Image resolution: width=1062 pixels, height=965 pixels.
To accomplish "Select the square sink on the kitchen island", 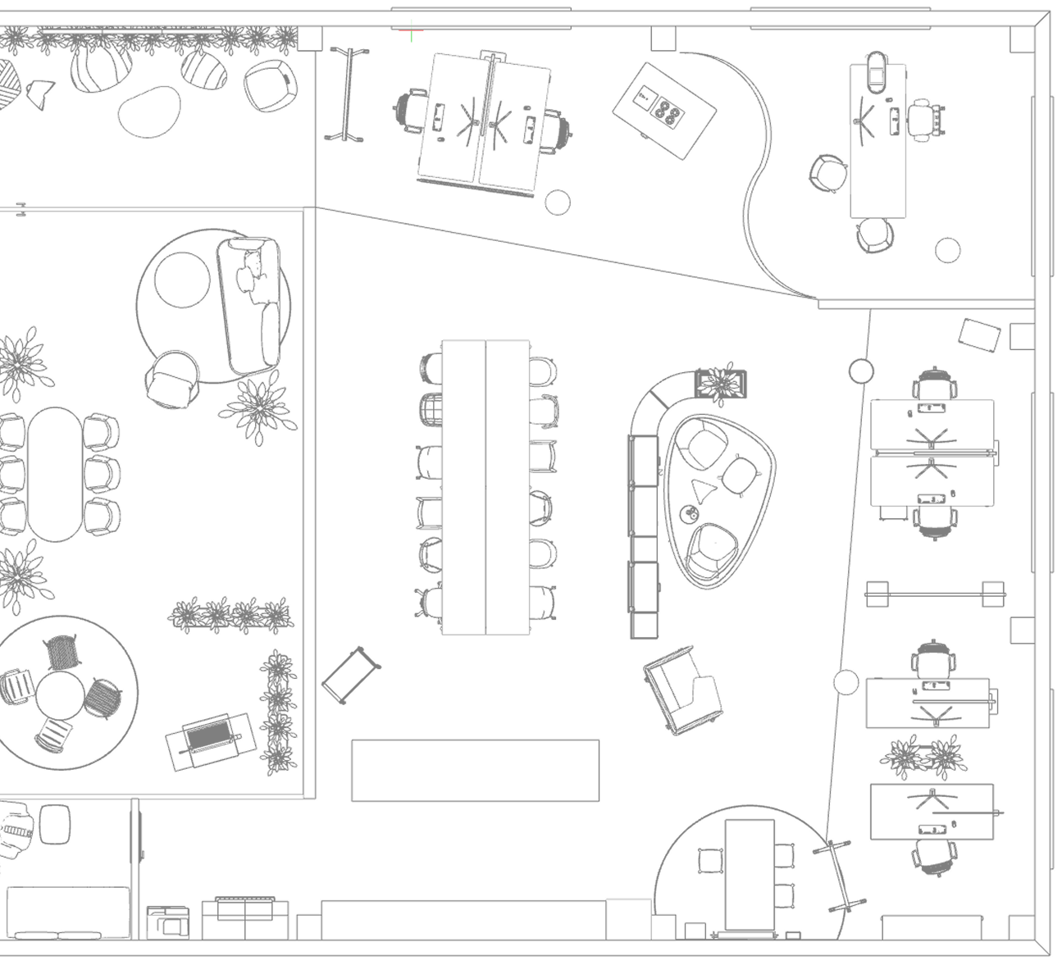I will pyautogui.click(x=644, y=98).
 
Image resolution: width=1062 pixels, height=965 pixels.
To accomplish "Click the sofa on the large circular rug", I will pyautogui.click(x=250, y=302).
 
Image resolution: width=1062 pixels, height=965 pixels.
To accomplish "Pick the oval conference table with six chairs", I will pyautogui.click(x=55, y=474).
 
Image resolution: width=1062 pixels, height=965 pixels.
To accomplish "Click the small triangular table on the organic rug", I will pyautogui.click(x=703, y=490).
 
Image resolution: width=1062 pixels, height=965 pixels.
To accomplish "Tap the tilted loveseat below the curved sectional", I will pyautogui.click(x=682, y=689).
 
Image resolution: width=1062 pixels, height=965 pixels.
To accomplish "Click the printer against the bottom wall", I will pyautogui.click(x=167, y=922).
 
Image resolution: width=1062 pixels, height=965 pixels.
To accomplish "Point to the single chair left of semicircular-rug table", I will pyautogui.click(x=710, y=860).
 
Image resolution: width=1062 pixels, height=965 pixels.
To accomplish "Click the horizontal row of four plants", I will pyautogui.click(x=230, y=614).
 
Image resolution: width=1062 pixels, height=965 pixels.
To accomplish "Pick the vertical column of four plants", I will pyautogui.click(x=278, y=712).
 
